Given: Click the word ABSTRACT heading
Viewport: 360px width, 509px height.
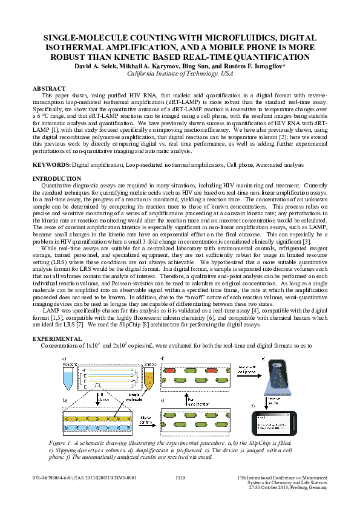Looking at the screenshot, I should click(x=49, y=88).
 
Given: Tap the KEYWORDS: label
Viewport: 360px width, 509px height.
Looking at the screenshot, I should click(x=51, y=164).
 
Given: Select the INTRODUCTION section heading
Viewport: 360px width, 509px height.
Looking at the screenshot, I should click(x=56, y=178).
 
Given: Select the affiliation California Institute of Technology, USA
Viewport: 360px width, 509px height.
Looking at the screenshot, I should click(x=180, y=73).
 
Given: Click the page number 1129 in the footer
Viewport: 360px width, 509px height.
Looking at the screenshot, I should click(x=180, y=478).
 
